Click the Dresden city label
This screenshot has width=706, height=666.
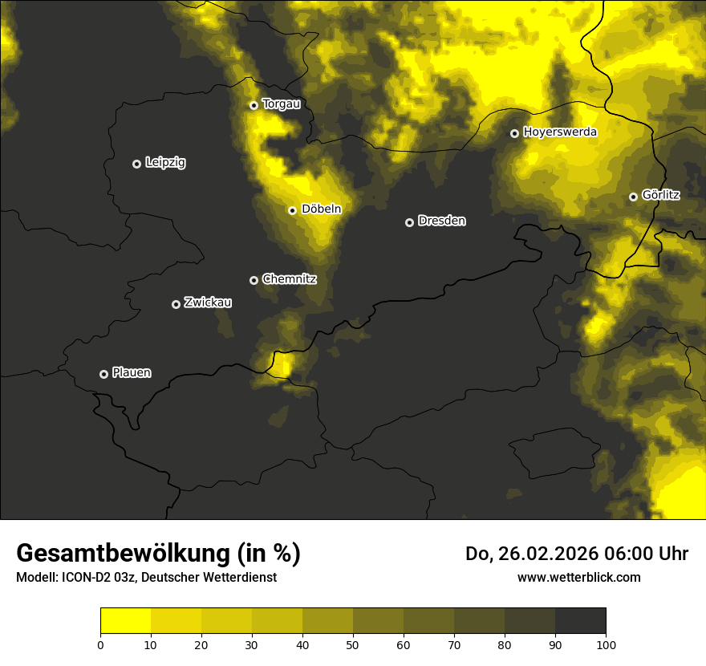[441, 221]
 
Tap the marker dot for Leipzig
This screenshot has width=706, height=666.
[136, 164]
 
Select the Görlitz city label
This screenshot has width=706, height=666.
[660, 195]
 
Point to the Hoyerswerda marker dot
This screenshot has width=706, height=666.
[514, 133]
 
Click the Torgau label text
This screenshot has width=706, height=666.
[281, 104]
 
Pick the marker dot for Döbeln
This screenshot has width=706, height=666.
[292, 210]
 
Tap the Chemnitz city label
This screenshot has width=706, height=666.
[289, 279]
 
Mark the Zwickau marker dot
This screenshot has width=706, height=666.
[176, 304]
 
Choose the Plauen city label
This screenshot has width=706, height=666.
[132, 372]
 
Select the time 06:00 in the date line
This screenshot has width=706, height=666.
[615, 554]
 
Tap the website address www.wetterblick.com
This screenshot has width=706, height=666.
[578, 577]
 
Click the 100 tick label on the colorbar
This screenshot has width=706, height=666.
[606, 644]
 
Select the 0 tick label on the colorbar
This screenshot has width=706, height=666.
[100, 644]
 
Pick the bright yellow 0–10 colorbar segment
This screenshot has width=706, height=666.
[125, 621]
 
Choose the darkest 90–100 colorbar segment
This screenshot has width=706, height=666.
[580, 621]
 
